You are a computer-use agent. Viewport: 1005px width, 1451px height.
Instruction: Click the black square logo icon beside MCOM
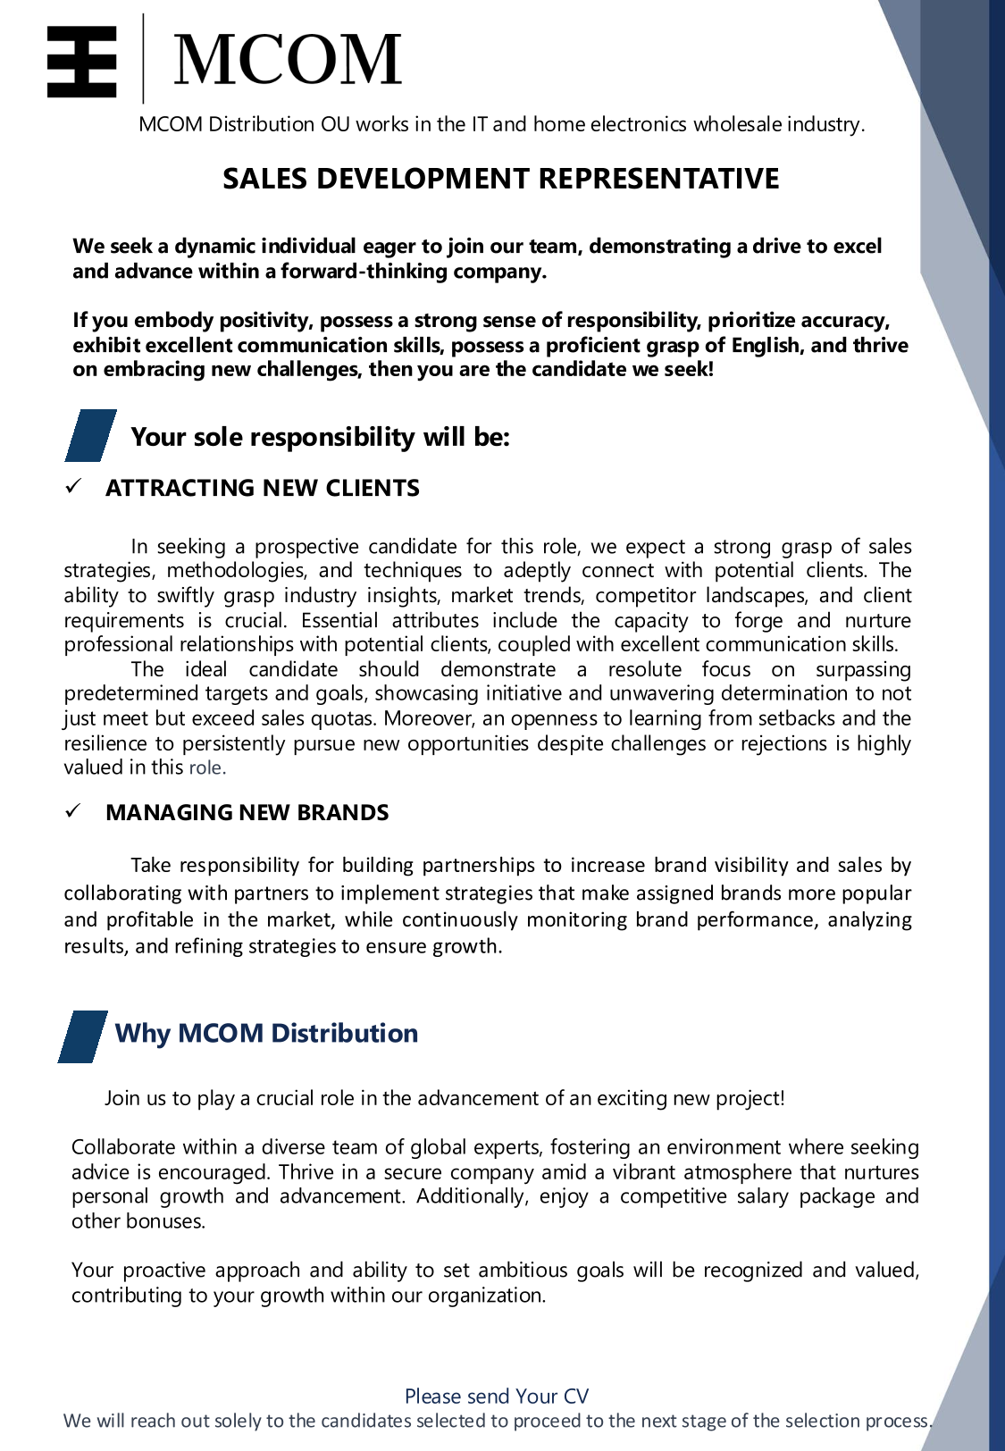pyautogui.click(x=81, y=61)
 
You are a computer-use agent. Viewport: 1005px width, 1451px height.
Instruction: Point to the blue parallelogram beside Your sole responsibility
pyautogui.click(x=91, y=435)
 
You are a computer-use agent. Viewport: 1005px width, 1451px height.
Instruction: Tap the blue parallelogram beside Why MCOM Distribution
pyautogui.click(x=83, y=1036)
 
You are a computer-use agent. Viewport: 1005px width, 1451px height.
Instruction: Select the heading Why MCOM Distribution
pyautogui.click(x=266, y=1033)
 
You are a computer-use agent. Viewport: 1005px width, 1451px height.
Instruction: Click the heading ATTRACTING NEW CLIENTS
pyautogui.click(x=262, y=488)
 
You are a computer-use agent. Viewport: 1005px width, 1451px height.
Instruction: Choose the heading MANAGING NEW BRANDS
pyautogui.click(x=247, y=812)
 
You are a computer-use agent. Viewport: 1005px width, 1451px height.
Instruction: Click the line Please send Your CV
pyautogui.click(x=497, y=1396)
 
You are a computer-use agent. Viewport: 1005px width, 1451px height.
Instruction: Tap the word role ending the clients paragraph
pyautogui.click(x=206, y=767)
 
